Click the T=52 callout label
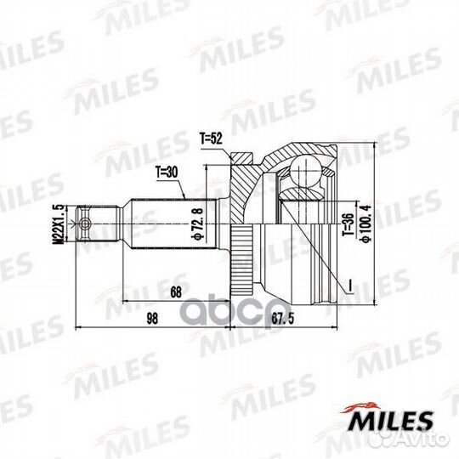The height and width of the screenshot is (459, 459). point(211,139)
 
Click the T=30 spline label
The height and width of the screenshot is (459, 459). point(167,173)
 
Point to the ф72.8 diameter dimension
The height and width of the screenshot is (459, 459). point(197,223)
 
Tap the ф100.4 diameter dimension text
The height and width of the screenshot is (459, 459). point(365,224)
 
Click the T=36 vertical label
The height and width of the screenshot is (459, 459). point(348,224)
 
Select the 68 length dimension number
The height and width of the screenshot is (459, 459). point(176,292)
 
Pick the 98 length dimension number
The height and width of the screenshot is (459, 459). point(152,319)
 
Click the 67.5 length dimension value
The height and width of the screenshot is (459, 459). point(283,319)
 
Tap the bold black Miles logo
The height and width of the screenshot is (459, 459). point(386,417)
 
